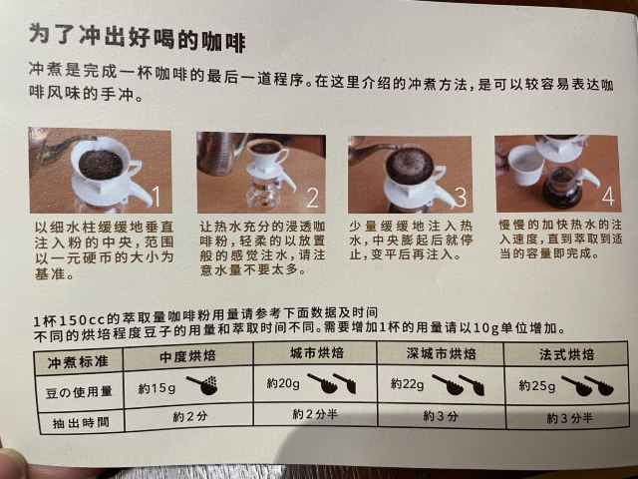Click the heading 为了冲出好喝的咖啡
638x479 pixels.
(138, 38)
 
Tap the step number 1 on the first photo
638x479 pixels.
(157, 196)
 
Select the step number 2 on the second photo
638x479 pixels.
(312, 198)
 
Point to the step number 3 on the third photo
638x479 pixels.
(461, 197)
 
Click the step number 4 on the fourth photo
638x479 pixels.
(608, 197)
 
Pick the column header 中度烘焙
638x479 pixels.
(187, 356)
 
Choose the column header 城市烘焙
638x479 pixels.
(317, 352)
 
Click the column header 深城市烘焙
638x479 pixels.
(441, 353)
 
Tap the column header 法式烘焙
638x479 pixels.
(566, 354)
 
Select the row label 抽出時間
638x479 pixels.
(81, 423)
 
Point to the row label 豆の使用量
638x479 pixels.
(79, 392)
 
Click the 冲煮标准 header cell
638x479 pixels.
(78, 361)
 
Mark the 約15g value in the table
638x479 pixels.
(157, 388)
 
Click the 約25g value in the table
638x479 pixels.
(537, 385)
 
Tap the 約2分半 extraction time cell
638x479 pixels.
(315, 414)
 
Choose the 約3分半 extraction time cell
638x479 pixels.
(569, 418)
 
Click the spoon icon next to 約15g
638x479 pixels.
(202, 385)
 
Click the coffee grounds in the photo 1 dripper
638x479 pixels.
(101, 164)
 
